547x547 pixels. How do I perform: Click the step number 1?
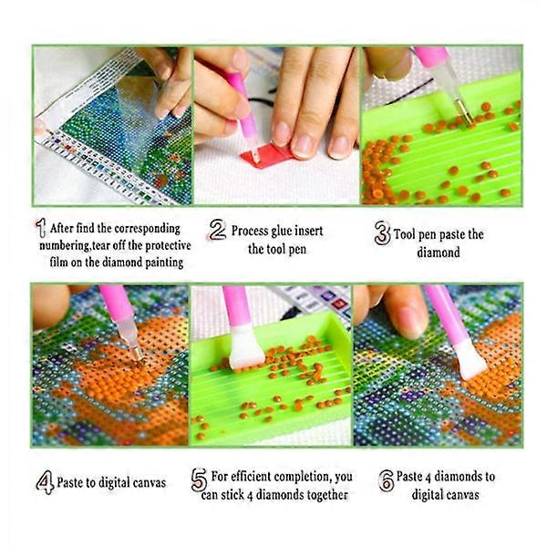(x=41, y=228)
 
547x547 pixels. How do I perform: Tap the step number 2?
(x=218, y=230)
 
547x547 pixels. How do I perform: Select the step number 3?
(x=382, y=233)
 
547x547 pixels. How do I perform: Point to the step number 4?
(x=45, y=482)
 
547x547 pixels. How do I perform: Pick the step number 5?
(x=200, y=480)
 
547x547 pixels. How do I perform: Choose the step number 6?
(x=387, y=480)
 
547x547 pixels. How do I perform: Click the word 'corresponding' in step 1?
(x=147, y=229)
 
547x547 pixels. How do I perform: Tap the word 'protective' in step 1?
(x=168, y=245)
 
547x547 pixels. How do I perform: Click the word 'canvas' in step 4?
(x=148, y=483)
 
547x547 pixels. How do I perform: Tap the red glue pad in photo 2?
(x=268, y=153)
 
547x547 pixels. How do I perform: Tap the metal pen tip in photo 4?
(x=136, y=353)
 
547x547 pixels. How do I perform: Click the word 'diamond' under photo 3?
(x=439, y=253)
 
